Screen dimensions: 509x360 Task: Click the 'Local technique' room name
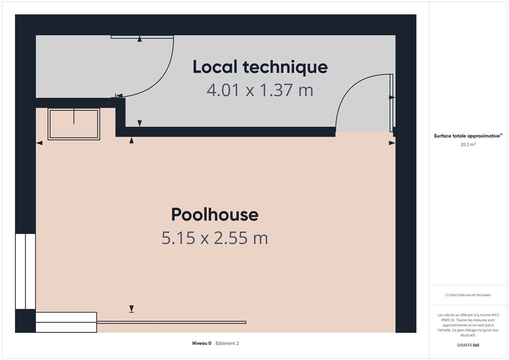click(x=260, y=67)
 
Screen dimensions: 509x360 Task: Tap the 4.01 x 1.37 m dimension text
click(x=260, y=90)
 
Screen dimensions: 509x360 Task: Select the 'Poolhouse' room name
click(x=215, y=214)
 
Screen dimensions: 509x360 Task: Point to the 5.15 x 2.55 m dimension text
click(x=215, y=238)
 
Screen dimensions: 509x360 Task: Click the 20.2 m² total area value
click(x=468, y=145)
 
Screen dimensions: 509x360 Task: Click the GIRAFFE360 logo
click(x=468, y=345)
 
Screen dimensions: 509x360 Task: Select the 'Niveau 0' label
click(x=202, y=343)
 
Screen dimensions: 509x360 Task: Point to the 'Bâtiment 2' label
click(x=227, y=343)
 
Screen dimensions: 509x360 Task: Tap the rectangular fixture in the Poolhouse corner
click(x=74, y=124)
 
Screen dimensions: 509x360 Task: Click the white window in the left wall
click(x=25, y=271)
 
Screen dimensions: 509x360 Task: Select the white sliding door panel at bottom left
click(x=66, y=322)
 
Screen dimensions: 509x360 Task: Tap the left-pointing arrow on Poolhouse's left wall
click(x=39, y=143)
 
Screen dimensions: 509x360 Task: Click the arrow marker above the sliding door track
click(x=131, y=309)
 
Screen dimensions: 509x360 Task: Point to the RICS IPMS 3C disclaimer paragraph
click(x=468, y=325)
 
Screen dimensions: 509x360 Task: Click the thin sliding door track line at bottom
click(x=171, y=322)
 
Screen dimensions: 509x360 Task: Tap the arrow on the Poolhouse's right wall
click(x=392, y=143)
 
